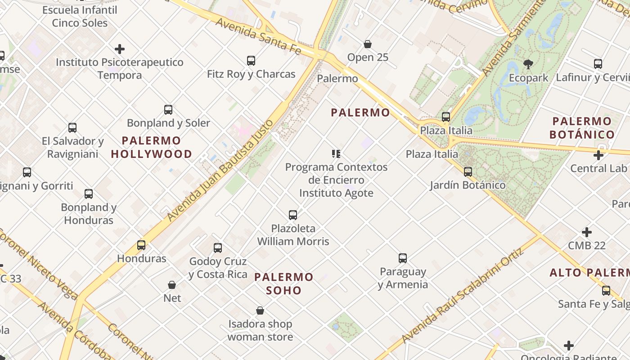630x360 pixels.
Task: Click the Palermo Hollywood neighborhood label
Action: point(151,147)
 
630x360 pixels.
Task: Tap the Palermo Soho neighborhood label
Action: point(284,283)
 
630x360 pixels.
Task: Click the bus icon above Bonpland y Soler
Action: point(168,110)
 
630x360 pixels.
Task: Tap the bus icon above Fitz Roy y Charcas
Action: point(251,61)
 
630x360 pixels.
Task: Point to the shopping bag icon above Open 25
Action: point(368,44)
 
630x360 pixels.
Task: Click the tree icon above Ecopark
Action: point(528,64)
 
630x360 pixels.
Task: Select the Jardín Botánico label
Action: point(468,185)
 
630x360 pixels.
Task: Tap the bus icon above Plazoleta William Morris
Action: point(293,215)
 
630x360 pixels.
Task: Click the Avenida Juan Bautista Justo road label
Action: point(220,170)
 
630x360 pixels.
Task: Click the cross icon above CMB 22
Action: point(587,232)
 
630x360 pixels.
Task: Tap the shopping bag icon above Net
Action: point(172,285)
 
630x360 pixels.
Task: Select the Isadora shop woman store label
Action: point(260,330)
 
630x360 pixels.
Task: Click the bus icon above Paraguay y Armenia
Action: point(403,258)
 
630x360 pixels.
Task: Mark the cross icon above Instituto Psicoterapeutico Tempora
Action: point(120,49)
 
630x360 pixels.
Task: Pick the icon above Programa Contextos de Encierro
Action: point(336,154)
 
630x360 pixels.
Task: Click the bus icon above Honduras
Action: point(141,245)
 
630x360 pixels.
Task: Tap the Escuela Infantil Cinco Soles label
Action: point(80,16)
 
